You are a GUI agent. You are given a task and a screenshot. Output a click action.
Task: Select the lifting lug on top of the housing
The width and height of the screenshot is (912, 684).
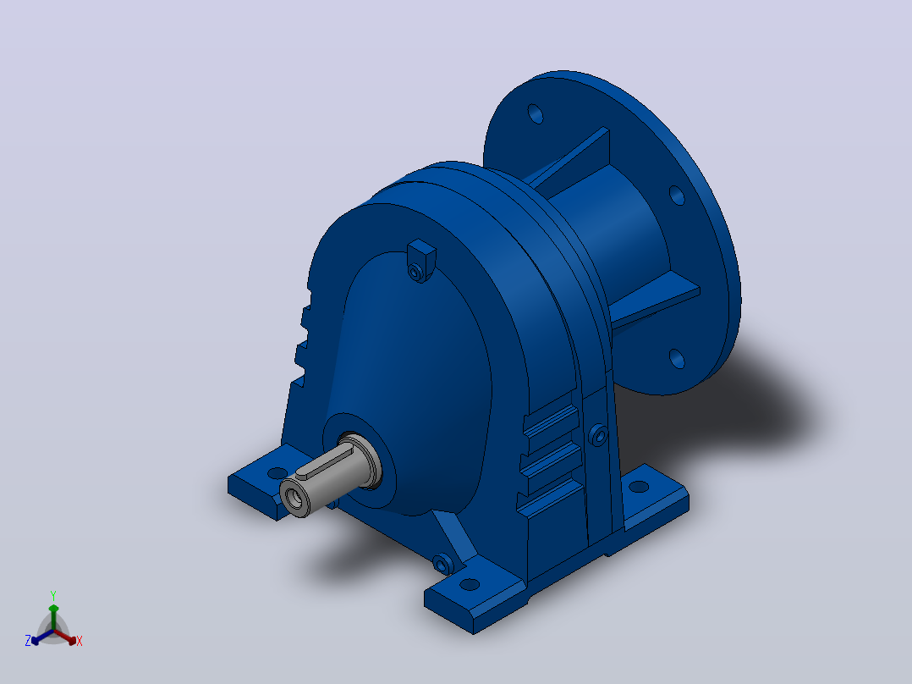(x=421, y=260)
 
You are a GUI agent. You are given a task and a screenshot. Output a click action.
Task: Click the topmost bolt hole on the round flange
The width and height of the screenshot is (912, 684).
(x=536, y=113)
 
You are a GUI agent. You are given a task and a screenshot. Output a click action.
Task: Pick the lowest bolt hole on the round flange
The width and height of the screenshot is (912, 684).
(x=677, y=358)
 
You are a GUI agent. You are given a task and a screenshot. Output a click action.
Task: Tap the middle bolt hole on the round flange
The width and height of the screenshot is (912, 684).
(x=677, y=195)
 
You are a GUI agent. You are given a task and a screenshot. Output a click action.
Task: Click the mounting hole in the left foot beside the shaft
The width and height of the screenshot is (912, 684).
(x=277, y=472)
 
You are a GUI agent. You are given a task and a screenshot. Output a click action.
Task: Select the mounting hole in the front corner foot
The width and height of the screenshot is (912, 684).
(x=470, y=584)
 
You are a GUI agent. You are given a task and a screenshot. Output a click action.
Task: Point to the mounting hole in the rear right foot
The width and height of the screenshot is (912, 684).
(x=639, y=487)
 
